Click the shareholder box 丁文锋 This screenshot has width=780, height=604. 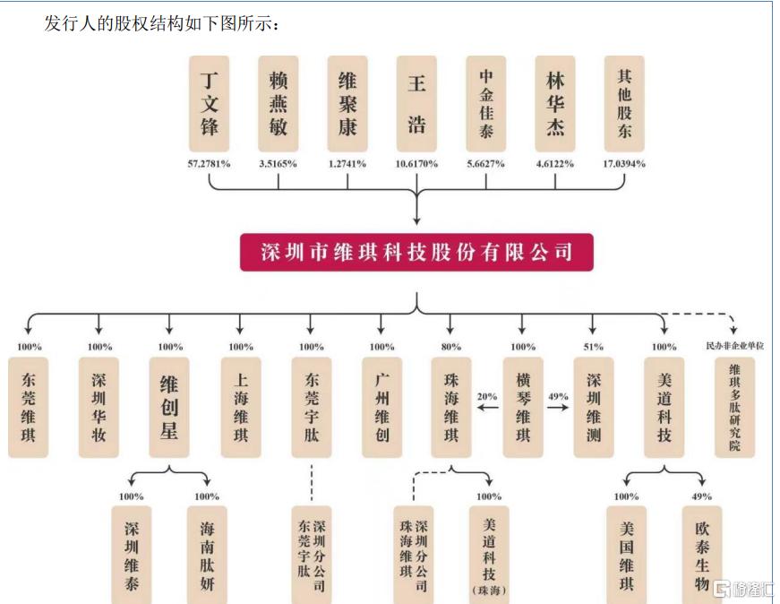(209, 104)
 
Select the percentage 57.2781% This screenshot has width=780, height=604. (209, 164)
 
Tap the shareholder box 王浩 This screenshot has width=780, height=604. (416, 104)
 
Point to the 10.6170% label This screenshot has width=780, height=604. (416, 164)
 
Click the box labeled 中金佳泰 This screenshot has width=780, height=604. (485, 104)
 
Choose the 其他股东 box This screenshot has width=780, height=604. (624, 104)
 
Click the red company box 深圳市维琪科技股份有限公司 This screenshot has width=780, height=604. (416, 252)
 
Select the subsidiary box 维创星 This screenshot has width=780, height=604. (169, 408)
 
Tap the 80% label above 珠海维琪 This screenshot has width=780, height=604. (450, 347)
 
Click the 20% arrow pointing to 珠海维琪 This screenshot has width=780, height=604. (487, 408)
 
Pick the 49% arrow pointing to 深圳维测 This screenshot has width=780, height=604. (558, 408)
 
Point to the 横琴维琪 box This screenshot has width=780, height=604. (522, 408)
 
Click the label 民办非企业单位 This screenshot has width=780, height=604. (734, 346)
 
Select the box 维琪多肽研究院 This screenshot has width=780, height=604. (734, 408)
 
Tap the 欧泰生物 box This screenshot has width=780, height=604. (701, 555)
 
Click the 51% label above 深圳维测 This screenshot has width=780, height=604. (593, 347)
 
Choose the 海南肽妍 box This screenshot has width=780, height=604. (207, 555)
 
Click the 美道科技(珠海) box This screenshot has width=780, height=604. (488, 555)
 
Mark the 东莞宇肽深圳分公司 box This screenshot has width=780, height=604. (312, 555)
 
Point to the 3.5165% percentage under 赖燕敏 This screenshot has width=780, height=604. (279, 164)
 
